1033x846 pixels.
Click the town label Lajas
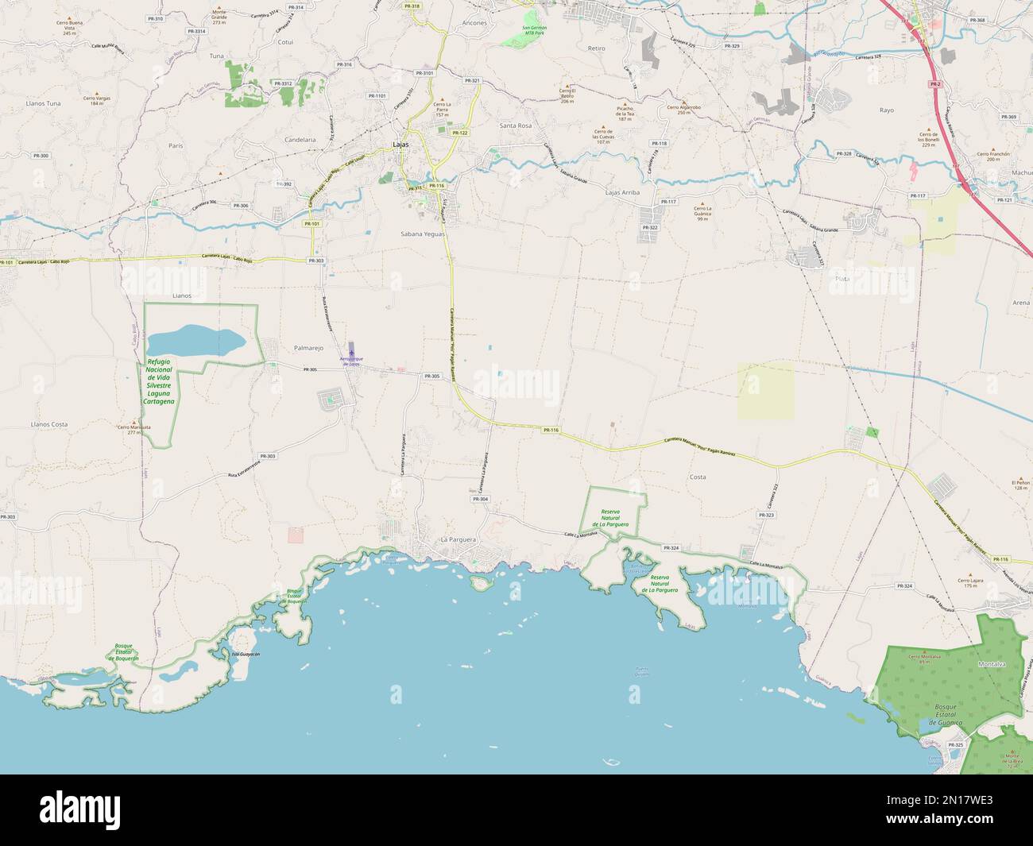coord(400,144)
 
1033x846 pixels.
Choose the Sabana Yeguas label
coord(423,235)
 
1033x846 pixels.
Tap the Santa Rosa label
coord(515,126)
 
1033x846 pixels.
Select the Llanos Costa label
coord(48,424)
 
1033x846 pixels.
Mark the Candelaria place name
coord(300,139)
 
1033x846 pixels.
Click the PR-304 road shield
coord(480,499)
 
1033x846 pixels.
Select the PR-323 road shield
coord(766,516)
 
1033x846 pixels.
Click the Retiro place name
coord(597,48)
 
